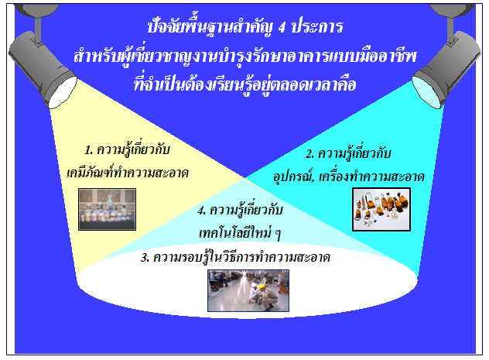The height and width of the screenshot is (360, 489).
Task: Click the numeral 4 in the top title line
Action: (282, 27)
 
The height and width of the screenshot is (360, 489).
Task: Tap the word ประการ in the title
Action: (317, 26)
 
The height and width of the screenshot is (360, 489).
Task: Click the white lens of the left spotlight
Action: (63, 93)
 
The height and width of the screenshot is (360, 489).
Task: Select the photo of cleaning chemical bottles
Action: (107, 209)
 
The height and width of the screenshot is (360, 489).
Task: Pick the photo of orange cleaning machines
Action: (381, 209)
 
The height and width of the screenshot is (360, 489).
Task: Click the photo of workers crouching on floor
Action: (248, 291)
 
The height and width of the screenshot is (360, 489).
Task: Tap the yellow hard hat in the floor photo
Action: (261, 286)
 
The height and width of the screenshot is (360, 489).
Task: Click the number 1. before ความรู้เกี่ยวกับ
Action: (89, 150)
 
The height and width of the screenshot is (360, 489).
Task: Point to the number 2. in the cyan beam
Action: (309, 154)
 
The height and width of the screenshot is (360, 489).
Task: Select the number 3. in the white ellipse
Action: (145, 258)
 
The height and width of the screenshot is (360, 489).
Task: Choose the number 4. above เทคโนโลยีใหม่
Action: (202, 211)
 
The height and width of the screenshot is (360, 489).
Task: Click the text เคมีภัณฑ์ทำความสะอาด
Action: (128, 173)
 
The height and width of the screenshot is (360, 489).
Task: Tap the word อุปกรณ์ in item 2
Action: (294, 177)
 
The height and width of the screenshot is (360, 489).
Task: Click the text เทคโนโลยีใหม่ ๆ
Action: (240, 233)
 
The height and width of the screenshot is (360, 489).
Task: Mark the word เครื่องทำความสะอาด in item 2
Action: (371, 177)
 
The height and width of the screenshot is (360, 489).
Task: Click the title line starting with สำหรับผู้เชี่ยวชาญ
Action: (245, 57)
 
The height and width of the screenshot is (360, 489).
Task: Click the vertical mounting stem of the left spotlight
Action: (39, 29)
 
